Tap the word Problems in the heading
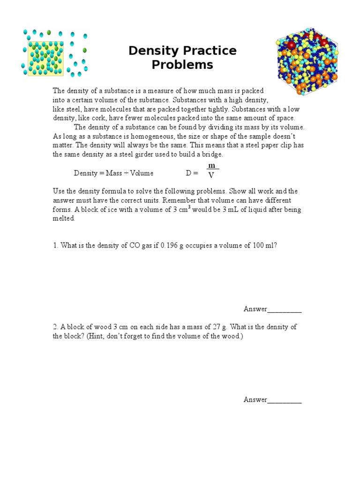pyautogui.click(x=182, y=65)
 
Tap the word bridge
pyautogui.click(x=213, y=154)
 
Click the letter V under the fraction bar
pyautogui.click(x=211, y=176)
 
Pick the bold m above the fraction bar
pyautogui.click(x=211, y=166)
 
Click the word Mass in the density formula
pyautogui.click(x=114, y=173)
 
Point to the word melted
pyautogui.click(x=63, y=218)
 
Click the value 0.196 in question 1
pyautogui.click(x=171, y=245)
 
